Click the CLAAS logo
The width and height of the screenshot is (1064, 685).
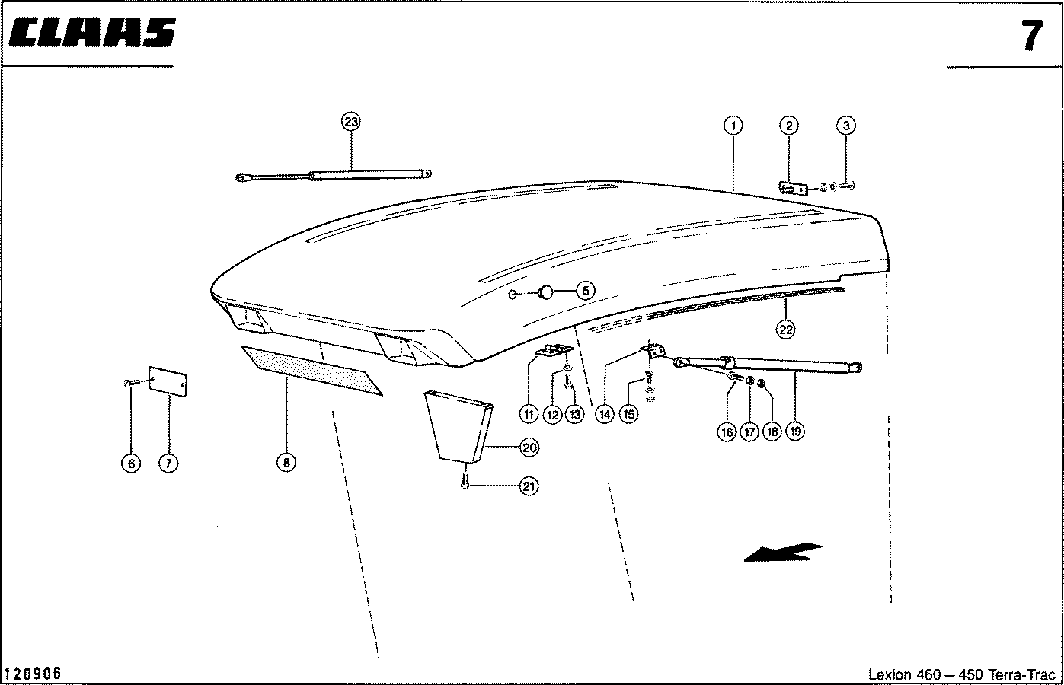point(93,33)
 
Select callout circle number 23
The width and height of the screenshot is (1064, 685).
point(350,122)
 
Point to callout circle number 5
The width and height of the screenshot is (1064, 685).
point(585,290)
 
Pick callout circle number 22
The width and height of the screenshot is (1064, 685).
point(785,329)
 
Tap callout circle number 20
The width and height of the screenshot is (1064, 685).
point(529,448)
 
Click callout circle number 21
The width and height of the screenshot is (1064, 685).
point(529,486)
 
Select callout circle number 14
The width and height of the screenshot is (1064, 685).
point(605,414)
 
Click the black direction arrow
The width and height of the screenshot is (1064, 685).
point(783,552)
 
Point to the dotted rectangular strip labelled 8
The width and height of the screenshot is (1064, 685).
point(312,371)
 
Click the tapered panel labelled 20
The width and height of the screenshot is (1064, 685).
point(459,425)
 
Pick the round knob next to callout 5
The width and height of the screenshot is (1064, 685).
point(546,292)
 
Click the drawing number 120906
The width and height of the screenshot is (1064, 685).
point(33,674)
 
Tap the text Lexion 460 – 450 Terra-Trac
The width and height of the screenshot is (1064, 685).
point(962,674)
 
